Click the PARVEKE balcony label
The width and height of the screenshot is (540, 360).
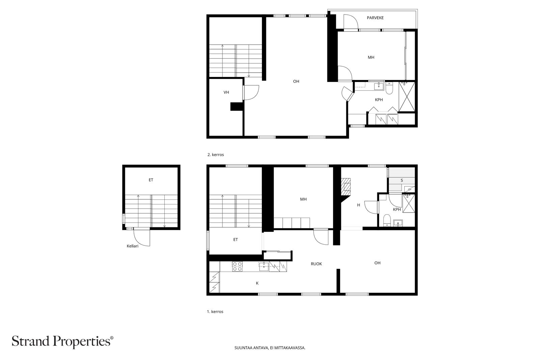pyautogui.click(x=375, y=18)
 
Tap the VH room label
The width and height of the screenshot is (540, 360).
pyautogui.click(x=226, y=92)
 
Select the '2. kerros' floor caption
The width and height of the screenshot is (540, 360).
pyautogui.click(x=215, y=155)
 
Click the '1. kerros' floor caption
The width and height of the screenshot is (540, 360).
pyautogui.click(x=215, y=312)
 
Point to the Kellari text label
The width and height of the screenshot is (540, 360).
pyautogui.click(x=132, y=246)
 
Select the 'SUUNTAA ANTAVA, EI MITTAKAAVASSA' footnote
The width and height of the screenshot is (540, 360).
pyautogui.click(x=270, y=348)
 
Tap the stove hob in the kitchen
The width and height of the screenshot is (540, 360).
pyautogui.click(x=237, y=267)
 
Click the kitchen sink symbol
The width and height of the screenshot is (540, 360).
pyautogui.click(x=264, y=267)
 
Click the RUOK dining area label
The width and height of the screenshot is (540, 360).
pyautogui.click(x=316, y=264)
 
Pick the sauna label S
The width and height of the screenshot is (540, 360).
pyautogui.click(x=402, y=181)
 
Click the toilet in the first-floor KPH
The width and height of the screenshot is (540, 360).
pyautogui.click(x=387, y=221)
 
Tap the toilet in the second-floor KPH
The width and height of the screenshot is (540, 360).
pyautogui.click(x=389, y=89)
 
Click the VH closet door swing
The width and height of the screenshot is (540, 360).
pyautogui.click(x=251, y=92)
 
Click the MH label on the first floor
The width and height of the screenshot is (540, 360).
pyautogui.click(x=303, y=199)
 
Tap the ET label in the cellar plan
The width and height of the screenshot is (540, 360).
pyautogui.click(x=151, y=180)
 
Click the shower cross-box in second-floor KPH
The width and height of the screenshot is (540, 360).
pyautogui.click(x=407, y=97)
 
